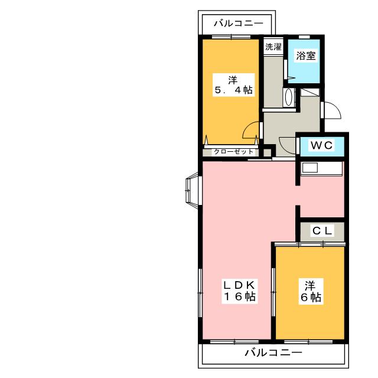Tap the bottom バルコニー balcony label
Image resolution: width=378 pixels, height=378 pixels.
tap(273, 353)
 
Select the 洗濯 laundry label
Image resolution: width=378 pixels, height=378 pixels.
tap(272, 47)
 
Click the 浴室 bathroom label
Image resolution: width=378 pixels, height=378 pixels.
tap(305, 57)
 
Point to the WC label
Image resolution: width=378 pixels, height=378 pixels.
tap(322, 145)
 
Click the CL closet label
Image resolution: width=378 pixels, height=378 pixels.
tap(322, 231)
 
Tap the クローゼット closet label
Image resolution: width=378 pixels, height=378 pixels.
tap(229, 152)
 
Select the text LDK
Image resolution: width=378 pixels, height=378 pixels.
tap(238, 285)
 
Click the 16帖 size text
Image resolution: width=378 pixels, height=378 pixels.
tap(238, 297)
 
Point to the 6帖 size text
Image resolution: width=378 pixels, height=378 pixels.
tap(310, 298)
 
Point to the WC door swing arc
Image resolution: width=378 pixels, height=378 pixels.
tap(288, 145)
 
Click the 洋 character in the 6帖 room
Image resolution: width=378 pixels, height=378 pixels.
tap(310, 285)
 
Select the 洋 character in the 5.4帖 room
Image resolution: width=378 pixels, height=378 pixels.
tap(234, 79)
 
